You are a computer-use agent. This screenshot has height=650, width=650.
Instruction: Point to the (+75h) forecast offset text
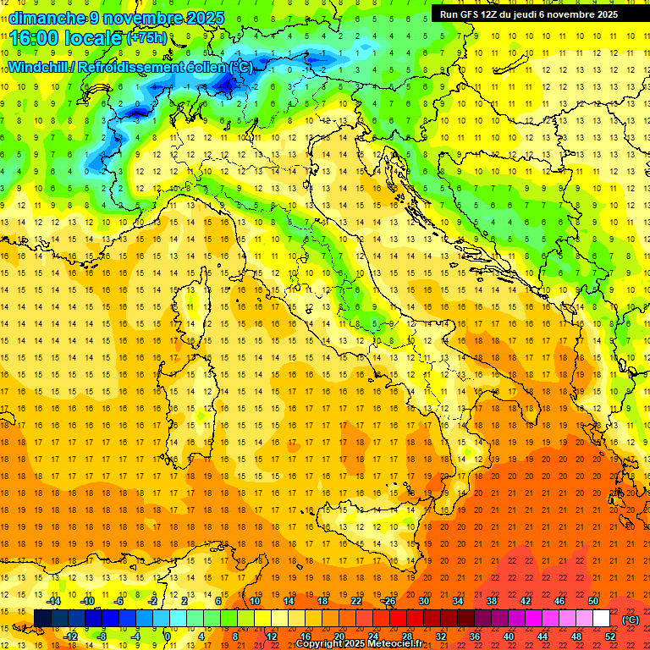(x=146, y=38)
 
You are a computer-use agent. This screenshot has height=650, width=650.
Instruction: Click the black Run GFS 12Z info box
(x=529, y=14)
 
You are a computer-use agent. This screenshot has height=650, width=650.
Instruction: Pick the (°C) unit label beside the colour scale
(x=631, y=620)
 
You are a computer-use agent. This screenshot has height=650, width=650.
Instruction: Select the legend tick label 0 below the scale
(x=168, y=636)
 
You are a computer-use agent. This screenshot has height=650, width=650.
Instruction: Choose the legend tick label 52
(x=610, y=636)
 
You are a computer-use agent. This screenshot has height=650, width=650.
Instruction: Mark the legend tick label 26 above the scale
(x=389, y=601)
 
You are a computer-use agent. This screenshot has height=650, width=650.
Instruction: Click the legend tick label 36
(x=475, y=636)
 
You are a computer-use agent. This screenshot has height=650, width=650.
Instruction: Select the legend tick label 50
(x=593, y=601)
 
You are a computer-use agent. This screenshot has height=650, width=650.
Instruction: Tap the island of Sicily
(x=364, y=516)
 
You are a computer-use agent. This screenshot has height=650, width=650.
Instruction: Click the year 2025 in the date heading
(x=206, y=18)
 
